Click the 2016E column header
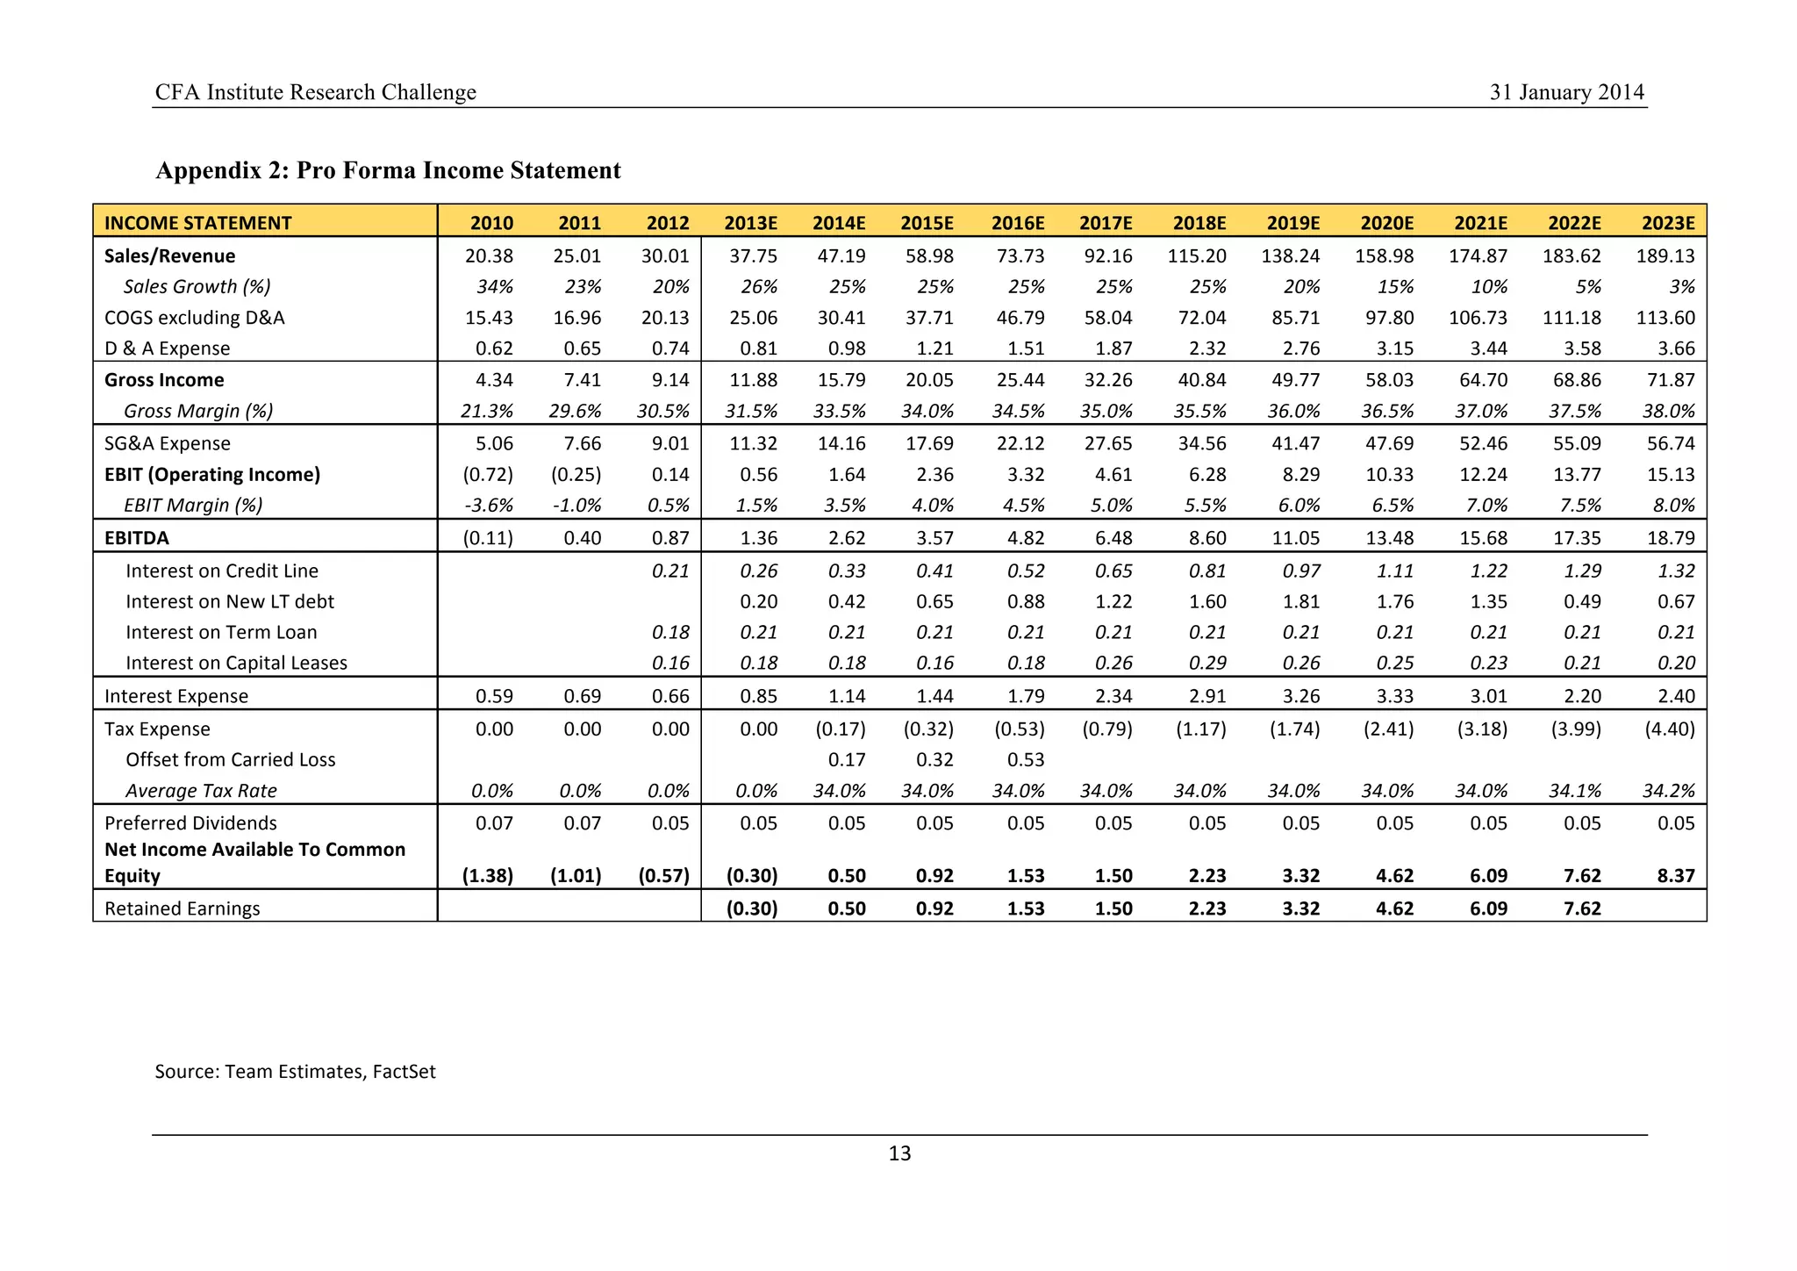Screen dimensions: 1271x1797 click(x=1018, y=223)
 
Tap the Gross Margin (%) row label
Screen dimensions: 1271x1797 click(x=198, y=411)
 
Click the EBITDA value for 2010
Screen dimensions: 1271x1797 click(x=488, y=538)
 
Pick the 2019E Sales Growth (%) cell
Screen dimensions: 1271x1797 click(x=1302, y=287)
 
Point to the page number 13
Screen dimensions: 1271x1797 click(x=899, y=1153)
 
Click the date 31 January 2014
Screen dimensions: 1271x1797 click(x=1566, y=92)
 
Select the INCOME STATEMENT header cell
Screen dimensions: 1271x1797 click(x=198, y=223)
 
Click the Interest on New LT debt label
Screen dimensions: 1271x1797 click(x=230, y=602)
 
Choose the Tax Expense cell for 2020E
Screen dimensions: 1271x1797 click(x=1388, y=729)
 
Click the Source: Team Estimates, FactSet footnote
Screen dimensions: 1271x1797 click(x=295, y=1072)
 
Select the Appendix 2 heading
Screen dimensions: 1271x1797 click(x=388, y=170)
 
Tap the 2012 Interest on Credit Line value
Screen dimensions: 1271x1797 click(x=671, y=571)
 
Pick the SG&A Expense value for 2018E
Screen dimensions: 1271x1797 click(x=1201, y=444)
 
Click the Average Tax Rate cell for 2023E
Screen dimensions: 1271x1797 click(x=1668, y=792)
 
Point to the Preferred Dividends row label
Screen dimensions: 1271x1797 click(x=190, y=823)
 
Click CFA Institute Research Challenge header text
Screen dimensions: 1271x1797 click(x=315, y=92)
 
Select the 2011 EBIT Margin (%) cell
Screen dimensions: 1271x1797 click(x=576, y=506)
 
